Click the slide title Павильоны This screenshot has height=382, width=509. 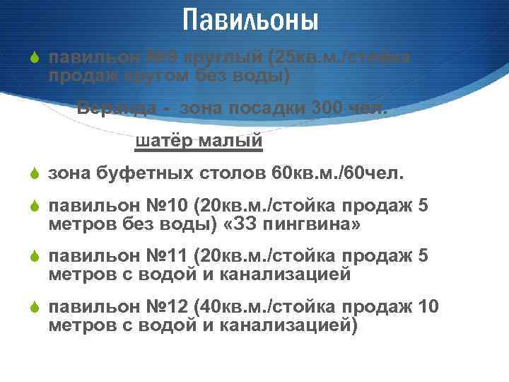[x=250, y=20]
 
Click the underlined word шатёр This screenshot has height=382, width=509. [x=163, y=141]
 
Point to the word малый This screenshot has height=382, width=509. [x=230, y=141]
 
